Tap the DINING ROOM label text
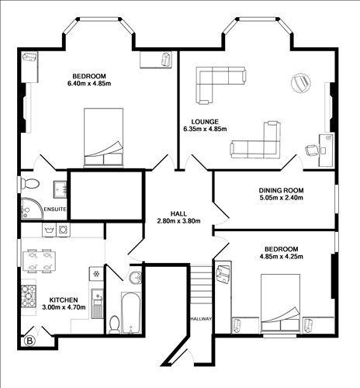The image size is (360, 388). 281,190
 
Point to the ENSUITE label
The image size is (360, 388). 55,210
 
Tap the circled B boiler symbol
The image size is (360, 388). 30,340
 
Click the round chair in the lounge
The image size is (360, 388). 299,81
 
